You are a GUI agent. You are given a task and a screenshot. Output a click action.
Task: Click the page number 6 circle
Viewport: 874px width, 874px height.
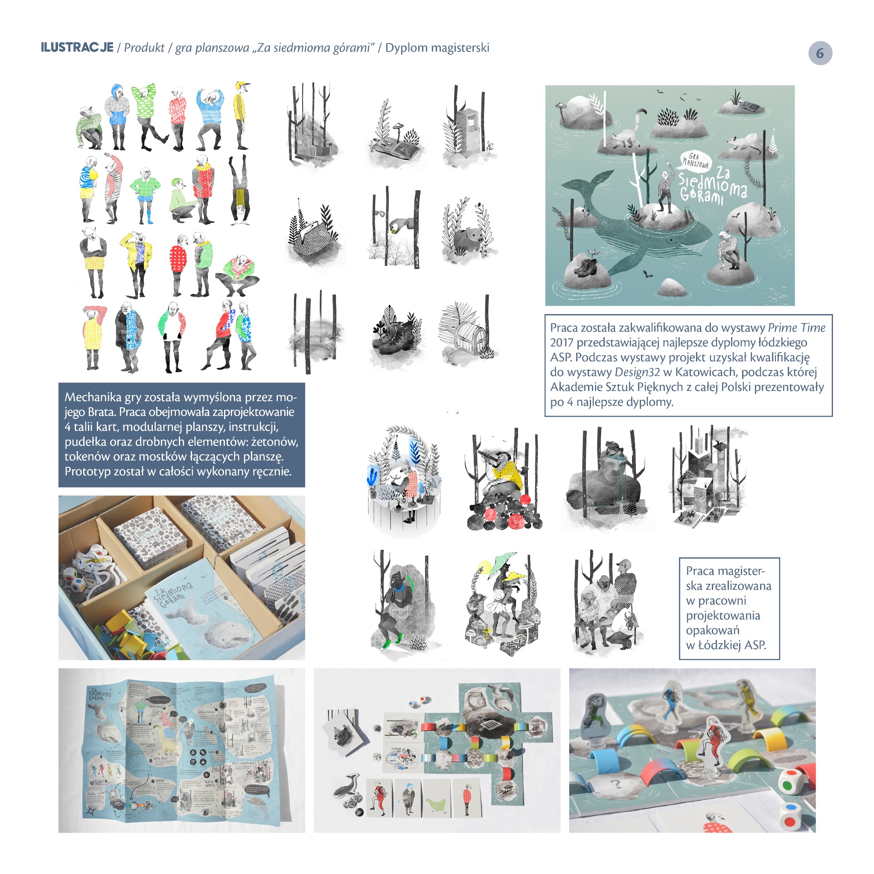coord(820,53)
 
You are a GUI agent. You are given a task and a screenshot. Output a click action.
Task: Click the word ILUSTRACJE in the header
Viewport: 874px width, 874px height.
coord(77,47)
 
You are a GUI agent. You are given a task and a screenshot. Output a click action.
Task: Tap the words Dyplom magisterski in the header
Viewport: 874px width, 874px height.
coord(437,47)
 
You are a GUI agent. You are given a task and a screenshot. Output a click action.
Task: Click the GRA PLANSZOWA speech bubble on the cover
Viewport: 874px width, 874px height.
coord(696,160)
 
